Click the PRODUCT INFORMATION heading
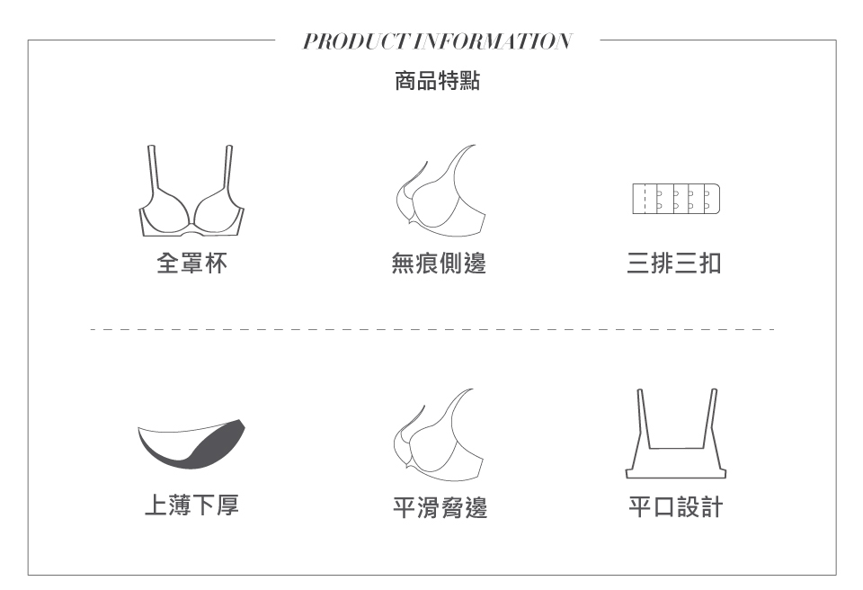click(x=437, y=41)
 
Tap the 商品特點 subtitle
click(x=437, y=82)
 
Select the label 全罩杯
click(x=191, y=264)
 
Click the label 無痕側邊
click(x=440, y=264)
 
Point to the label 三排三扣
click(x=675, y=264)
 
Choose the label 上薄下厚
click(x=191, y=506)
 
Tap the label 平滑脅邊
click(x=440, y=508)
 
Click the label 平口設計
click(x=675, y=508)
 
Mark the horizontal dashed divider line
click(x=431, y=329)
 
